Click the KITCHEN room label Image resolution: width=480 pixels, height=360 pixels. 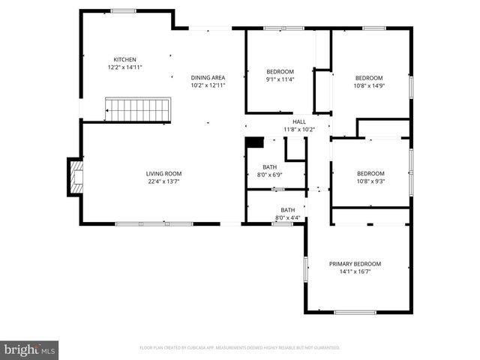click(124, 59)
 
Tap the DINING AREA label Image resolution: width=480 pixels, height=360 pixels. click(208, 77)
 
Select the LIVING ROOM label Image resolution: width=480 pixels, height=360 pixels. click(163, 173)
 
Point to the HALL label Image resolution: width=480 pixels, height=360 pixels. click(299, 121)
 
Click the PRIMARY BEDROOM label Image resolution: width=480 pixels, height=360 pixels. click(355, 263)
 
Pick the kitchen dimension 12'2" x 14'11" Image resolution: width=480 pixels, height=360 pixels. click(124, 67)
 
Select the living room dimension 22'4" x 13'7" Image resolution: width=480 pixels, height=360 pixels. click(163, 181)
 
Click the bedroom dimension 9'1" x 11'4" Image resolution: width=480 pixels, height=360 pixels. click(280, 79)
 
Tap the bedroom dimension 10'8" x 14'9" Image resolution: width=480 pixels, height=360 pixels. click(369, 85)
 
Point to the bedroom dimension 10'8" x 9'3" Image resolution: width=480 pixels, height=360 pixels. click(370, 181)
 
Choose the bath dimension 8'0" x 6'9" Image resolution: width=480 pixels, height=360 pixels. click(268, 175)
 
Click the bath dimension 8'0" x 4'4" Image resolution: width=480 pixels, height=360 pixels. click(287, 217)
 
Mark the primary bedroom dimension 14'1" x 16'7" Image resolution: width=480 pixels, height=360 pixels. click(355, 271)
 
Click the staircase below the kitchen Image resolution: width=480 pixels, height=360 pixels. click(137, 109)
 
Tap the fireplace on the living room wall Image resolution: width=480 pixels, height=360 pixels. click(75, 177)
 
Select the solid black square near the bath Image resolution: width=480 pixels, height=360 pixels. click(255, 142)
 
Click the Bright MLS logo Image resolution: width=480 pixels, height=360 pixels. click(30, 349)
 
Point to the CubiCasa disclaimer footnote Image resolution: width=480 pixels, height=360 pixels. click(240, 348)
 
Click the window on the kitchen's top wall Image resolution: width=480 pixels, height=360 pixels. click(123, 11)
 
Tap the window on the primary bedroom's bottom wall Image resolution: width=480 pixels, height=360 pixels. click(355, 312)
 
